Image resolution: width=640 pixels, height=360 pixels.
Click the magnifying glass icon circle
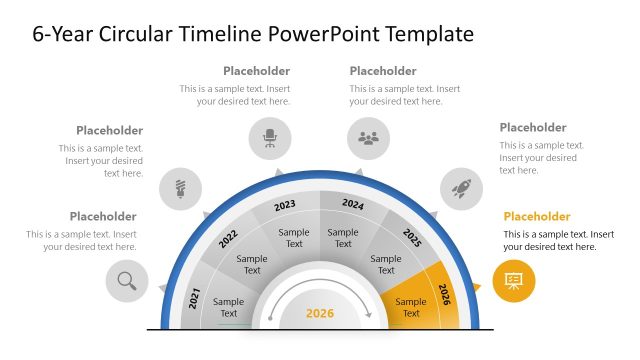click(127, 281)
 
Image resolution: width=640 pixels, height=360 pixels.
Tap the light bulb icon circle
click(181, 187)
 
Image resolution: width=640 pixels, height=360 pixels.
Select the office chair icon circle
click(270, 138)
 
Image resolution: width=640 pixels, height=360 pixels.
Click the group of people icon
click(368, 138)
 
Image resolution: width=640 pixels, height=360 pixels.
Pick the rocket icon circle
click(462, 187)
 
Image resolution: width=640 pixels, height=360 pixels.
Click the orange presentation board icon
click(514, 281)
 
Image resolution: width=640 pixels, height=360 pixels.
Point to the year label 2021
click(195, 297)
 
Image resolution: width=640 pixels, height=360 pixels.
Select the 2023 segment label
click(285, 205)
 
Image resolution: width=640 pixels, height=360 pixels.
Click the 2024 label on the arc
click(353, 204)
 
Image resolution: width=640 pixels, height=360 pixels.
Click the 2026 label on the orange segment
click(445, 295)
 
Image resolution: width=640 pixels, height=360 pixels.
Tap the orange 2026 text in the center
click(319, 314)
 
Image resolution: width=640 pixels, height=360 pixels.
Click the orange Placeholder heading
click(537, 216)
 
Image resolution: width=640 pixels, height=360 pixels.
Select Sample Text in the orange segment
click(411, 307)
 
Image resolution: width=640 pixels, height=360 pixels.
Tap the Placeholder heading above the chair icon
click(257, 71)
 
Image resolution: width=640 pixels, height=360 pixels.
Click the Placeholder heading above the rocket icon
click(533, 127)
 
